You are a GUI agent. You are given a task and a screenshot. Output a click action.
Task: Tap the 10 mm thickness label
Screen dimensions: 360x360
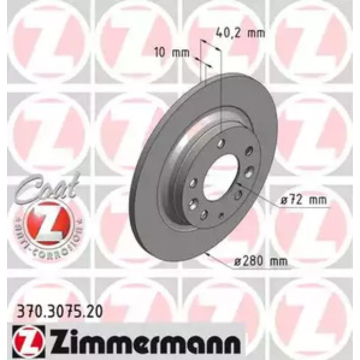172,52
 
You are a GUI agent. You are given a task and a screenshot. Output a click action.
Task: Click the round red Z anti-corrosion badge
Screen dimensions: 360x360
46,220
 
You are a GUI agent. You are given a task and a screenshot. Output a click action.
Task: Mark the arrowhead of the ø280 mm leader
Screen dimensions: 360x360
205,253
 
